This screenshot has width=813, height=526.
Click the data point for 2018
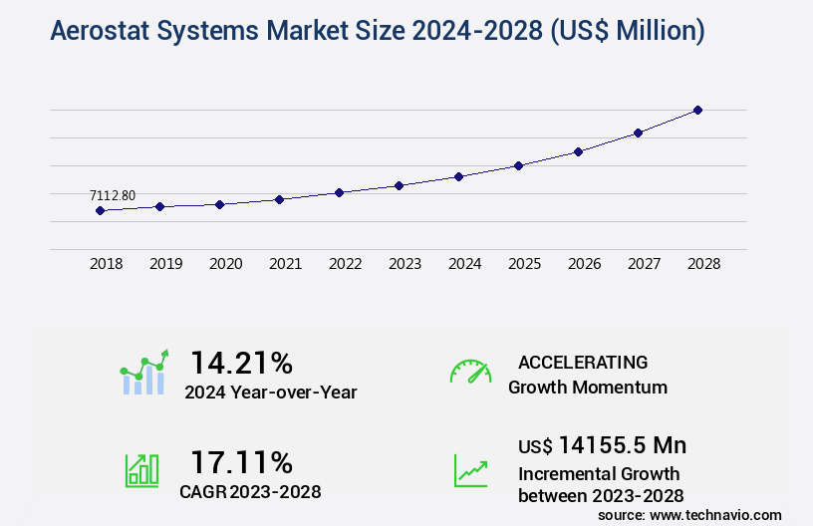[x=100, y=210]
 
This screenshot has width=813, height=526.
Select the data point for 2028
[x=697, y=110]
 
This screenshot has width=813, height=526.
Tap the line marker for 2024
[x=458, y=176]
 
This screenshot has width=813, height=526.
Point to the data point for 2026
[x=578, y=151]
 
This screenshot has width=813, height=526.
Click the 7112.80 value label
[x=112, y=195]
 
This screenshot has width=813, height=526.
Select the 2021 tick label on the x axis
[x=285, y=265]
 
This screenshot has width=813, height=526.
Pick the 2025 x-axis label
[x=524, y=265]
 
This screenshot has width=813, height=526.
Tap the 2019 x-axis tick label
[x=165, y=265]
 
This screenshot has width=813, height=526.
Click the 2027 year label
[x=644, y=265]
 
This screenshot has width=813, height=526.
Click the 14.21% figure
[x=241, y=362]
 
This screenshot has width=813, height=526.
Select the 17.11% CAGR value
[x=241, y=462]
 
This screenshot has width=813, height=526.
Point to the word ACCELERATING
[x=583, y=362]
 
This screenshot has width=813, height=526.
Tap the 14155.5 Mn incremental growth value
[x=622, y=444]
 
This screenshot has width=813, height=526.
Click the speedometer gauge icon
[x=470, y=372]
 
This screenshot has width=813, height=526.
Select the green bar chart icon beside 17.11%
[x=141, y=470]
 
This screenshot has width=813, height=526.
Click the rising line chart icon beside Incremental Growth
[x=470, y=470]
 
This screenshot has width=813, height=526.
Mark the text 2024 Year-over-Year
[x=270, y=392]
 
